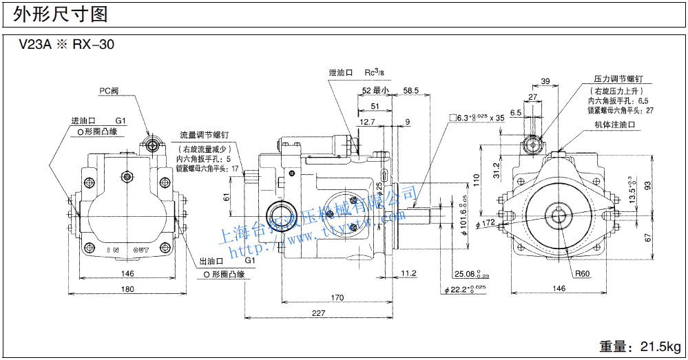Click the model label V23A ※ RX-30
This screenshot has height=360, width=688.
click(x=66, y=45)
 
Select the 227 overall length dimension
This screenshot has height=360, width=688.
click(x=318, y=314)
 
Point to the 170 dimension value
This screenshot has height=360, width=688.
click(x=337, y=297)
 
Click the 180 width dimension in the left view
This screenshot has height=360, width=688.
click(x=127, y=289)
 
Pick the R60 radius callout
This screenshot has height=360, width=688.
click(x=583, y=273)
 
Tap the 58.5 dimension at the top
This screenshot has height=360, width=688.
click(x=411, y=90)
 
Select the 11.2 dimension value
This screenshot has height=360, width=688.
click(x=408, y=273)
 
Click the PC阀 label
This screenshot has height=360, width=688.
click(x=110, y=90)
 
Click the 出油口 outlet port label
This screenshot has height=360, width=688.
click(x=211, y=262)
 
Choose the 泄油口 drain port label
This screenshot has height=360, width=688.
click(x=341, y=72)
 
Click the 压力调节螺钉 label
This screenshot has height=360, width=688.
click(x=618, y=79)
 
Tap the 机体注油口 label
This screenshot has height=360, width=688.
click(x=614, y=125)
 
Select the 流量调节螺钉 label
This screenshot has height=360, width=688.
click(x=204, y=135)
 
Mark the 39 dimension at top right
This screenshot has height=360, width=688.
click(x=545, y=81)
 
